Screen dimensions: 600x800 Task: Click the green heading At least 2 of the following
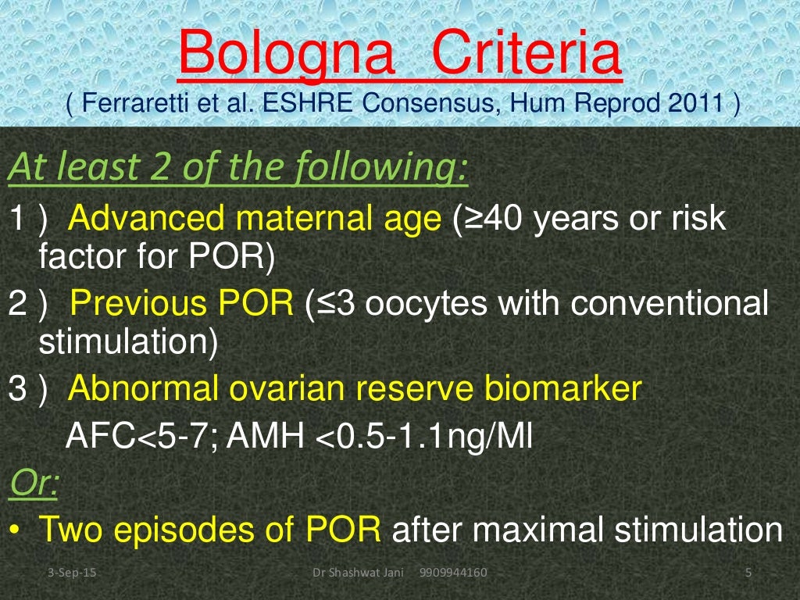tap(237, 167)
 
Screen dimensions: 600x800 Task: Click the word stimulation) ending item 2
tap(129, 342)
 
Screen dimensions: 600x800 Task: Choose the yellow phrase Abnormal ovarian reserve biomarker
tap(355, 388)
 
